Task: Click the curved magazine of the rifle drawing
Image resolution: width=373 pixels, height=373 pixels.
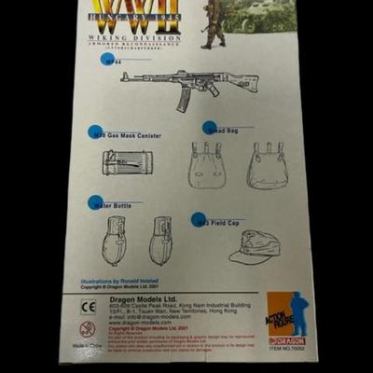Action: (x=183, y=95)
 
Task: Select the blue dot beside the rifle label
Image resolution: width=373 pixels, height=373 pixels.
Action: (x=106, y=61)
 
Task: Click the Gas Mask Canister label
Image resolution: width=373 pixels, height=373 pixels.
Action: (x=131, y=136)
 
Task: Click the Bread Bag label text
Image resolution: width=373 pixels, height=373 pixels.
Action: (x=224, y=131)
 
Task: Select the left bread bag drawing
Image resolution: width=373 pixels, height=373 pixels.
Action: (x=205, y=165)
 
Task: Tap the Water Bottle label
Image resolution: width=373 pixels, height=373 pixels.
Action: (x=121, y=204)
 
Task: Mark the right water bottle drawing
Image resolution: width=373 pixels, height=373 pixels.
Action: (x=160, y=240)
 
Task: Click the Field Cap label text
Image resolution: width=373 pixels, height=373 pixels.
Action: (x=224, y=223)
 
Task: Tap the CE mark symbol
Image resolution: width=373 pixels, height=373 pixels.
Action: (x=89, y=307)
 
